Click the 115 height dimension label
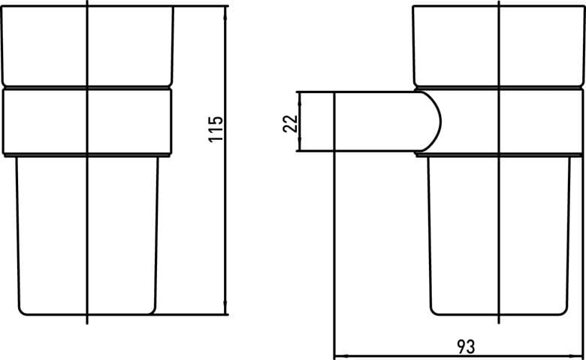pos(216,129)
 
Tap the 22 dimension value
pos(291,123)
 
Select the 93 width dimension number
pos(466,346)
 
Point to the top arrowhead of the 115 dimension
pos(225,11)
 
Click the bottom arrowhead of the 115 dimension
pos(225,309)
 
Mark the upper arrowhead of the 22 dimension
pos(300,96)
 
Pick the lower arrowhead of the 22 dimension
pos(300,147)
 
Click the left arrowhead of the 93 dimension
pos(340,355)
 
